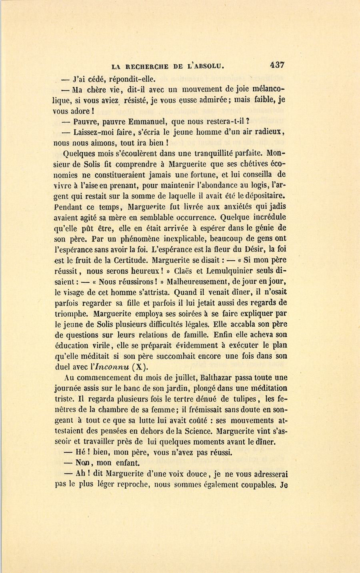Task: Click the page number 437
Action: (277, 64)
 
